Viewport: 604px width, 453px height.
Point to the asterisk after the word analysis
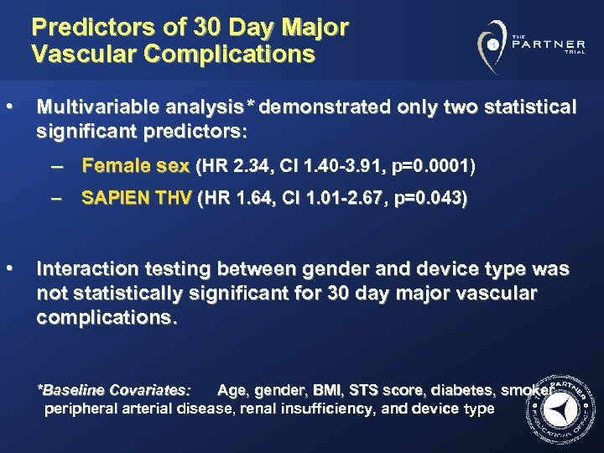[x=253, y=107]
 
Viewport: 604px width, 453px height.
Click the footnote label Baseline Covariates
[x=116, y=390]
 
